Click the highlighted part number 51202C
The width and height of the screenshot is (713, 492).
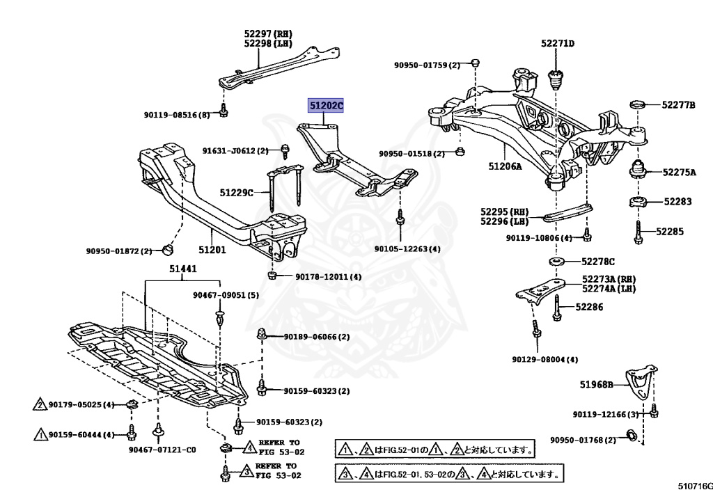point(327,106)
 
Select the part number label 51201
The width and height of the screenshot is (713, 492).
point(212,249)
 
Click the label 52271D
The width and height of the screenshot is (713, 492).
point(558,44)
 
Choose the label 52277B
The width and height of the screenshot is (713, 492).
point(678,105)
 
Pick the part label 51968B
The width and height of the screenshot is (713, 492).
point(597,384)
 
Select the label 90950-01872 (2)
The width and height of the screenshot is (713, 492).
point(119,251)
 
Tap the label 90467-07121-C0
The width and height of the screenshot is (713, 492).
point(162,450)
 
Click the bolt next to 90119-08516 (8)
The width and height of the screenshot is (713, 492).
point(224,111)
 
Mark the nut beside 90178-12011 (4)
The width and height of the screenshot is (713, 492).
point(273,276)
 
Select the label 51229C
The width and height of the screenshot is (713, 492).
point(236,192)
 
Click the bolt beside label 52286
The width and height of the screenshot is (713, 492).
point(557,308)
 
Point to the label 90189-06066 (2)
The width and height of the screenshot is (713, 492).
point(316,337)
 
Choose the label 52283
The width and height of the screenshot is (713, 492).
point(677,201)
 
